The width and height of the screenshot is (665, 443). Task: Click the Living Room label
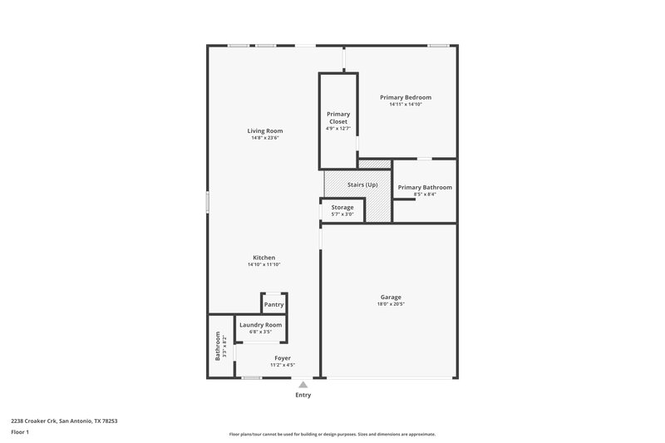point(265,130)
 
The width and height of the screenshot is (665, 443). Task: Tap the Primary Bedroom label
point(406,97)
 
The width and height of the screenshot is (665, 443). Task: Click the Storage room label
point(342,207)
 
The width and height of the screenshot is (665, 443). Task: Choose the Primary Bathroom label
point(424,188)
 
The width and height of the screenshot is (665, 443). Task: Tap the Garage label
point(390,297)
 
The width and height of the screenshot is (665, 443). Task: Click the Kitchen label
point(264,258)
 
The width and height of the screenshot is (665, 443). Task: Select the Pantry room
point(273,305)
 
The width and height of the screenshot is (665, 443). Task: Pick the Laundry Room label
point(261,325)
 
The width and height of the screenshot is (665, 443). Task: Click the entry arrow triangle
point(303,385)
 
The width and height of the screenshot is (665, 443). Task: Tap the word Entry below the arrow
point(303,395)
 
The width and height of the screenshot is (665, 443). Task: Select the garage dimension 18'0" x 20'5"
point(390,304)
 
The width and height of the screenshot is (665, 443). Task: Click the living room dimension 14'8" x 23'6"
point(265,138)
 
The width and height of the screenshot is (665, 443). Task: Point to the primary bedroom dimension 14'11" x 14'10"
point(406,105)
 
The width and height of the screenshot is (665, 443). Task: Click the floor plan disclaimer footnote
point(332,434)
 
